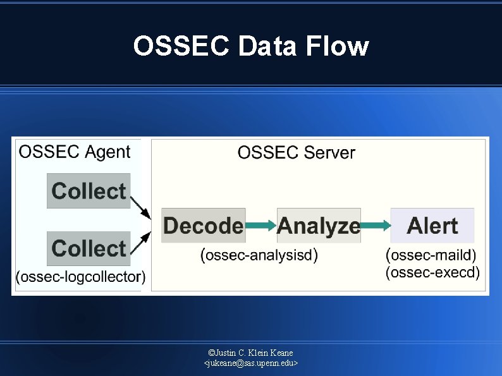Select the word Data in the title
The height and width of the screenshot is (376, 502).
[x=269, y=46]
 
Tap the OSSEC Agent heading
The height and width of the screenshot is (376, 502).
[x=75, y=152]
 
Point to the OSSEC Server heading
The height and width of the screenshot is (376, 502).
[x=296, y=152]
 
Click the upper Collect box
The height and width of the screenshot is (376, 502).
[x=89, y=191]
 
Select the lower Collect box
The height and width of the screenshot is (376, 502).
[x=89, y=248]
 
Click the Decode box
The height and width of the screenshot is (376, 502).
[x=202, y=226]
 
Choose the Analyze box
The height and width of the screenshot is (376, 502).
[x=319, y=226]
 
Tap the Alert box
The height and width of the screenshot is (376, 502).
[x=432, y=226]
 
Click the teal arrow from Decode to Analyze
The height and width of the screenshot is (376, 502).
[x=260, y=226]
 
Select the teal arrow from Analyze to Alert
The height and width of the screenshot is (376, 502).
[x=376, y=226]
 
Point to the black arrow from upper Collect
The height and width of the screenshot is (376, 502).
[x=141, y=208]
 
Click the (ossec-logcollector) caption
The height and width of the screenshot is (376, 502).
[x=80, y=277]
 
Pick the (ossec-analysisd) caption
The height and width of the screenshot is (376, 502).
[x=259, y=255]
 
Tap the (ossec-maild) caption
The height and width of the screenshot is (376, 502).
[x=431, y=255]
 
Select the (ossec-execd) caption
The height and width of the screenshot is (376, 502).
[x=432, y=272]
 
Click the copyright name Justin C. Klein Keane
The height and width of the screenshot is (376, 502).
[x=251, y=352]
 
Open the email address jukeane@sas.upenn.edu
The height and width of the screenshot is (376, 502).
[x=251, y=363]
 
